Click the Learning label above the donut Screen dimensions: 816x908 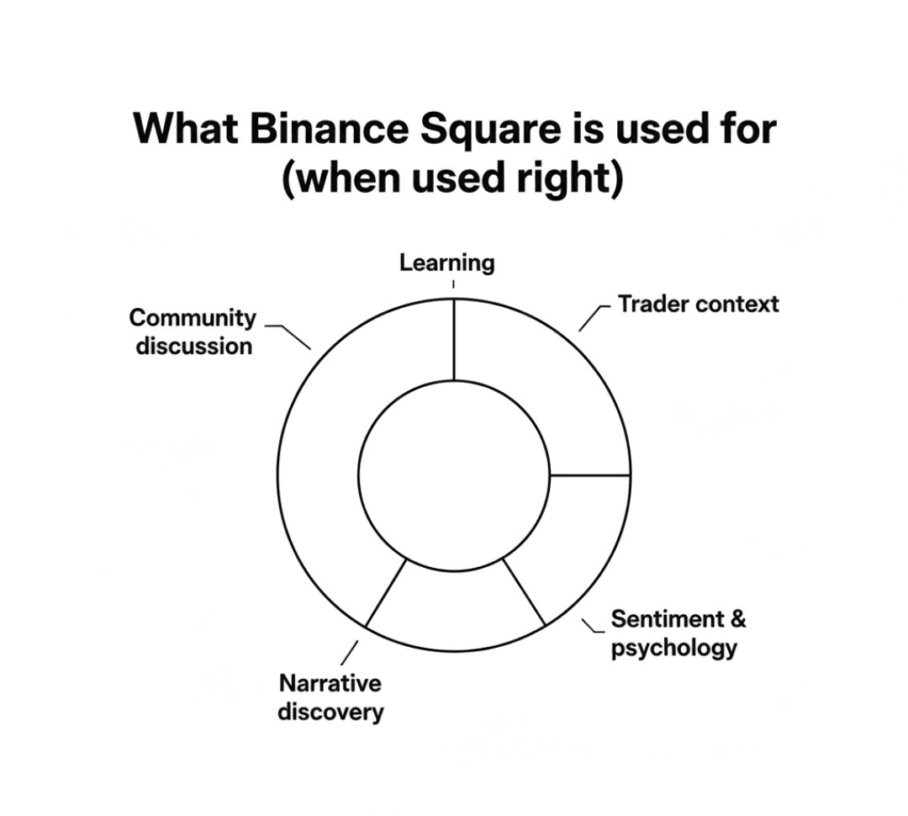[446, 262]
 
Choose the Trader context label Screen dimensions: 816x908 [698, 304]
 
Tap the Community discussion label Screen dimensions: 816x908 [193, 331]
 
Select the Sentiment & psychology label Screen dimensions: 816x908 [678, 633]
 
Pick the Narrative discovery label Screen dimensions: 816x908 [330, 697]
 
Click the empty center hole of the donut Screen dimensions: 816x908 [454, 475]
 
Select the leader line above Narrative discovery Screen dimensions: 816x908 [351, 653]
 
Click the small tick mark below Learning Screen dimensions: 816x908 [454, 284]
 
